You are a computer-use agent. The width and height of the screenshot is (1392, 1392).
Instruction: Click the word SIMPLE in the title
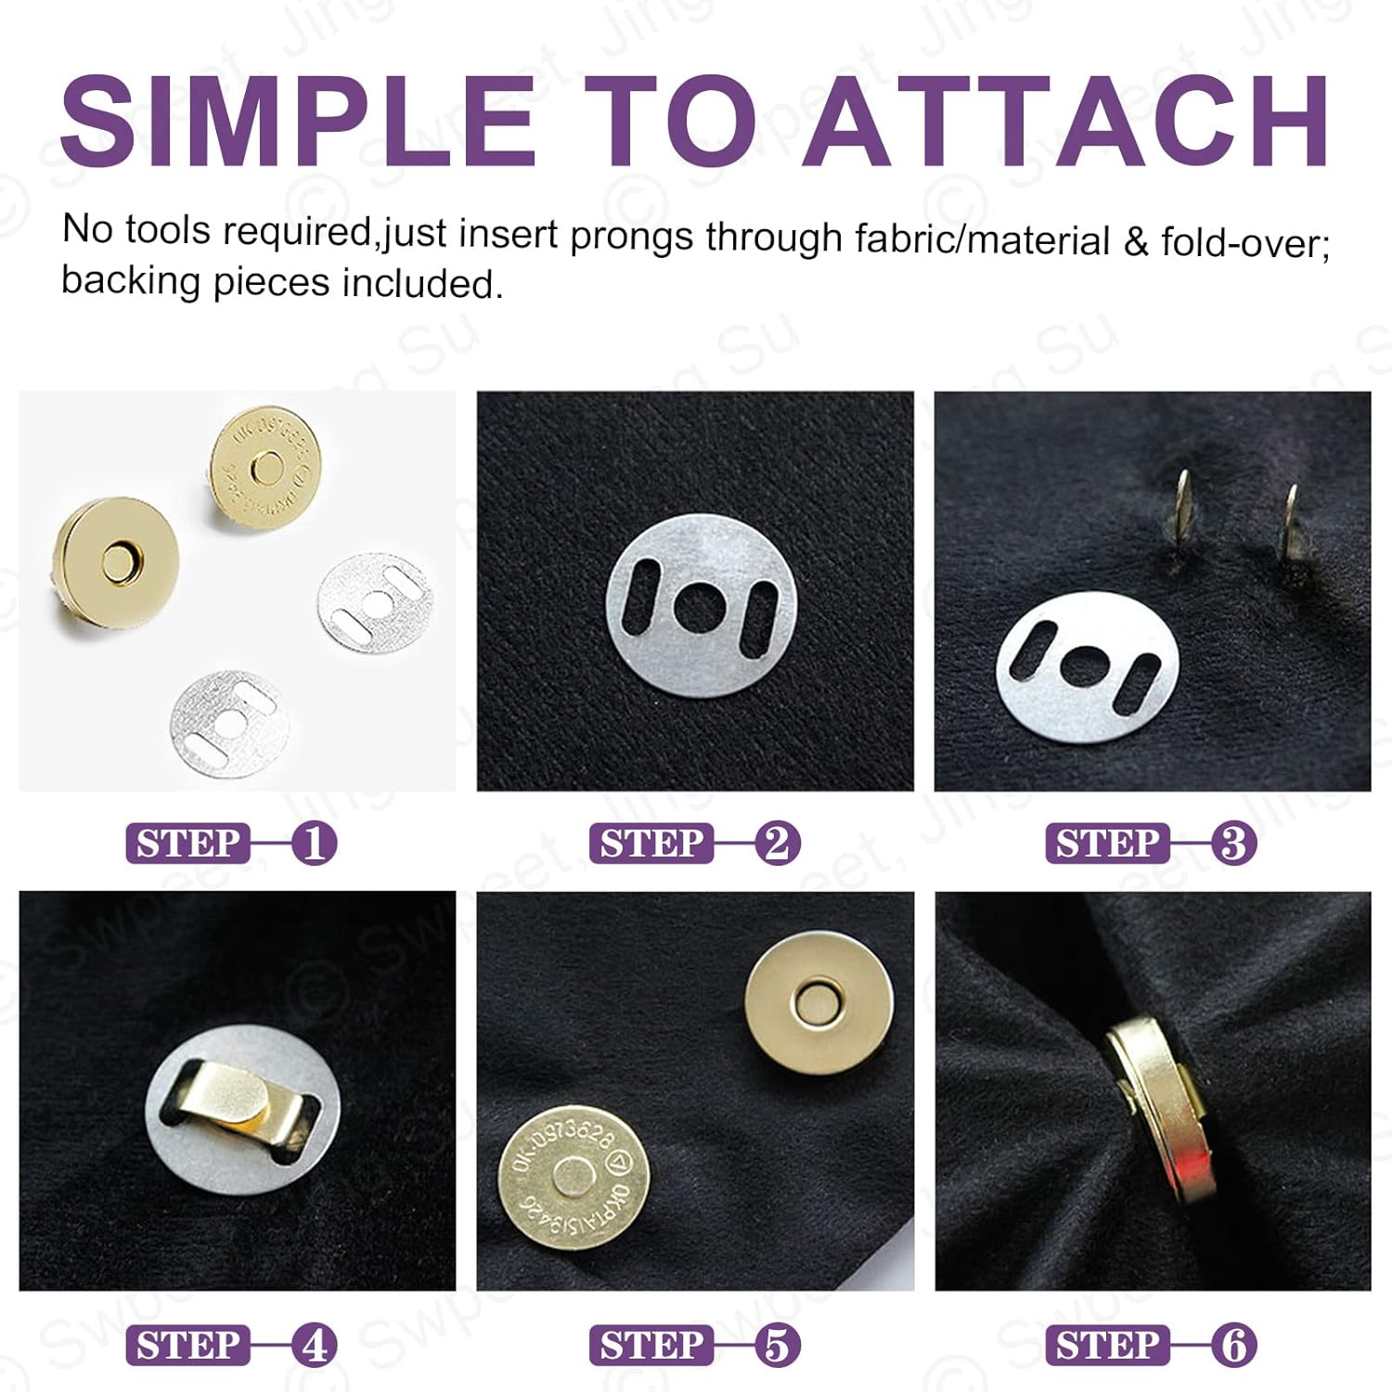298,122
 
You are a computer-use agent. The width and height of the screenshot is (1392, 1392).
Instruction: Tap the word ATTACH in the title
1066,122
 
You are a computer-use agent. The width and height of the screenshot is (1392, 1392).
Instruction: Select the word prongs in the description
631,236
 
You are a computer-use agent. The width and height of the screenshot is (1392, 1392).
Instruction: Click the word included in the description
421,283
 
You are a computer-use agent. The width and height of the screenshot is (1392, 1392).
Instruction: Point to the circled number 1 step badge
314,844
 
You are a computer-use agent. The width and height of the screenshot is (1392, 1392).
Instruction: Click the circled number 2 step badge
777,844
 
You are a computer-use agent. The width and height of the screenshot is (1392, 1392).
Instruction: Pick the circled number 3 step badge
1233,844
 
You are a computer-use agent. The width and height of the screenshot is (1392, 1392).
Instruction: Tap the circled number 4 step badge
314,1345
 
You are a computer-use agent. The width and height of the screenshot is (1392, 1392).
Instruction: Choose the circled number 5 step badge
777,1345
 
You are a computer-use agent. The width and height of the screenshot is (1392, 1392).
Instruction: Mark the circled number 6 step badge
1233,1345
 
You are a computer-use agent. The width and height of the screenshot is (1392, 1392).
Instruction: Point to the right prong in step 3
1291,524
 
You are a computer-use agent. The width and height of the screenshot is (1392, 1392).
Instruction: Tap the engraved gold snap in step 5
574,1177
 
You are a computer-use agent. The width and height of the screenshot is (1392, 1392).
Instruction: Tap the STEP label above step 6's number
1106,1345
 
